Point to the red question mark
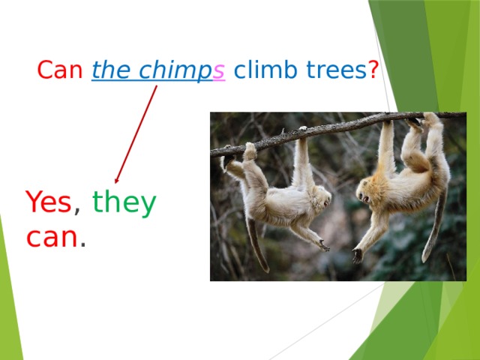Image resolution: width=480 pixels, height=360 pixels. [373, 71]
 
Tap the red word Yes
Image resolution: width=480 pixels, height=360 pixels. [48, 202]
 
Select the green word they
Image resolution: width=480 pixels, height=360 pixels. [124, 202]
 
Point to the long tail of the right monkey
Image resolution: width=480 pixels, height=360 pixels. [435, 225]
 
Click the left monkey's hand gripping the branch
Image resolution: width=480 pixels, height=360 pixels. [302, 133]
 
